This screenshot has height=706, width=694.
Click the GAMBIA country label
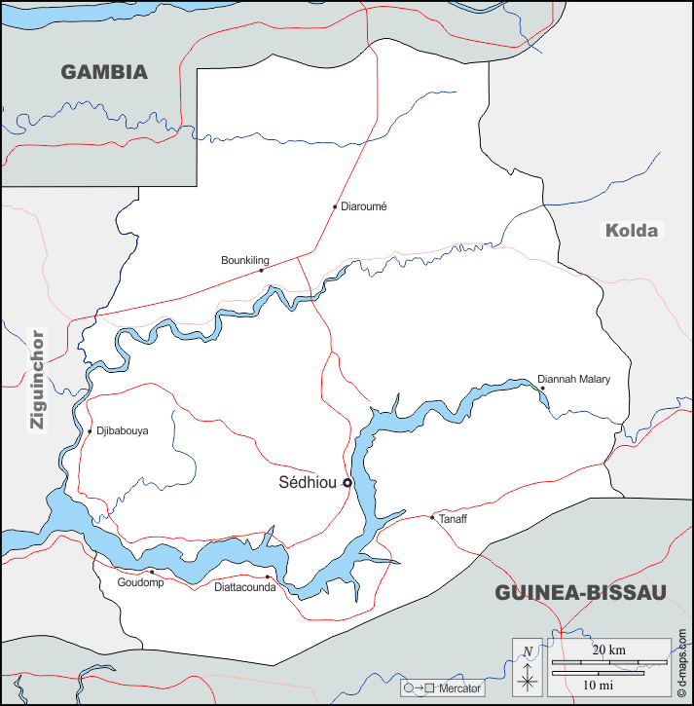click(x=104, y=72)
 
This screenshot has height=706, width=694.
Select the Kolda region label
click(x=632, y=231)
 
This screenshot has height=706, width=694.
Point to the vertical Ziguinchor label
click(x=37, y=380)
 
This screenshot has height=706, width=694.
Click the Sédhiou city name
click(x=307, y=482)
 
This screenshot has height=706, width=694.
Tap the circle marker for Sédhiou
click(x=347, y=482)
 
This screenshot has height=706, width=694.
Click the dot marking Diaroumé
click(x=335, y=206)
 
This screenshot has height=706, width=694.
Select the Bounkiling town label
click(x=244, y=260)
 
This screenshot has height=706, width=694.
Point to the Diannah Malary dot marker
click(x=542, y=388)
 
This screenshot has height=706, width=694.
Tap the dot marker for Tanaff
click(x=432, y=517)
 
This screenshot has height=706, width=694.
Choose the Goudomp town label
click(x=140, y=582)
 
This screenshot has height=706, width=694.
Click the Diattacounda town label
click(x=244, y=587)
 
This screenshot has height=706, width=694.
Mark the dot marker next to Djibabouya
click(x=90, y=431)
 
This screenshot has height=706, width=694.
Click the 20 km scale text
click(x=609, y=650)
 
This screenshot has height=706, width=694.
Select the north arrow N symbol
click(x=527, y=652)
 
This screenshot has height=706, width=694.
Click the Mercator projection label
click(x=459, y=688)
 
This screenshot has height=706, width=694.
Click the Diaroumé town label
click(x=364, y=206)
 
